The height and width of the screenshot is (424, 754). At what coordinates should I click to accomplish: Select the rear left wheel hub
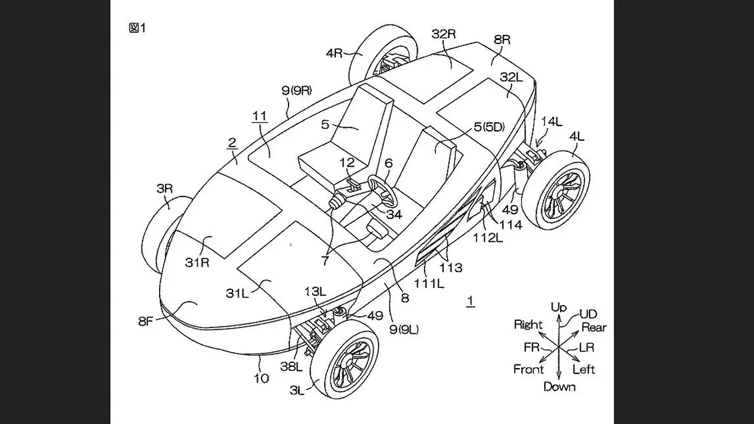coord(559,194)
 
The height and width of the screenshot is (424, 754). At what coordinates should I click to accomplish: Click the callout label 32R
coord(444,34)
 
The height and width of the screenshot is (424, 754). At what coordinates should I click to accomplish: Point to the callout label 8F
coord(146,321)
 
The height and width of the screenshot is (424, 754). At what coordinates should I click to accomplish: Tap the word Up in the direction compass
coord(558,307)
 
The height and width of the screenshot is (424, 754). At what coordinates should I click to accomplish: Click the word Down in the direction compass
coord(560,387)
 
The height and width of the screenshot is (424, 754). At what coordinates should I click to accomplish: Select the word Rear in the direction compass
coord(594,327)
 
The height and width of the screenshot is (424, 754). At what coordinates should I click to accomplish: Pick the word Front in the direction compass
coord(528,369)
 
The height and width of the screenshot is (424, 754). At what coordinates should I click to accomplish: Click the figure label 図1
coord(137,28)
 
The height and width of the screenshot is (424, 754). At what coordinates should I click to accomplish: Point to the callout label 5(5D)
coord(489,127)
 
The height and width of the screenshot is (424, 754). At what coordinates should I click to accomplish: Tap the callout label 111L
coord(428,284)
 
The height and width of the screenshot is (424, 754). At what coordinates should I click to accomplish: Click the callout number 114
coord(511,224)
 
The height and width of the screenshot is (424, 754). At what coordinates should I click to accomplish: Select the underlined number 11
coord(260,116)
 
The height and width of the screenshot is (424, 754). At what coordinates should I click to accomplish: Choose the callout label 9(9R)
coord(296,90)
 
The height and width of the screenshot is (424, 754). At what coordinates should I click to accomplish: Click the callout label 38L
coord(292,366)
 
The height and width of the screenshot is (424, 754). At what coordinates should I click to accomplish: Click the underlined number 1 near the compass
coord(471,300)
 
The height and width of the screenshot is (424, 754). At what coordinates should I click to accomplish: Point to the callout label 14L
coord(552,121)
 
